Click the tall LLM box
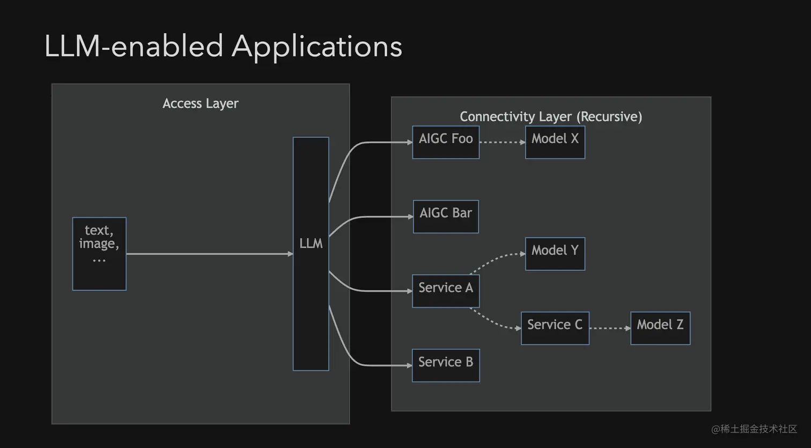click(311, 253)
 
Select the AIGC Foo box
click(445, 142)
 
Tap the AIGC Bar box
click(445, 217)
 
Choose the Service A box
click(445, 291)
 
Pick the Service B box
click(445, 365)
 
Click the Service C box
click(555, 328)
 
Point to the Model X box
click(555, 142)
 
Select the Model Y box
click(555, 254)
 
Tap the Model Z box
click(660, 328)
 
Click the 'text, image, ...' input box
click(99, 254)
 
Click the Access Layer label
click(200, 104)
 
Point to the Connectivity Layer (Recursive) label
click(551, 116)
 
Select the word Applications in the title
click(316, 47)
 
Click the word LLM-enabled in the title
click(134, 47)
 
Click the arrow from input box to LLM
click(209, 254)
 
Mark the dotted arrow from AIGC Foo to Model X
click(502, 142)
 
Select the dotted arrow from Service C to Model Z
click(609, 328)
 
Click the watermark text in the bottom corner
click(754, 429)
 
